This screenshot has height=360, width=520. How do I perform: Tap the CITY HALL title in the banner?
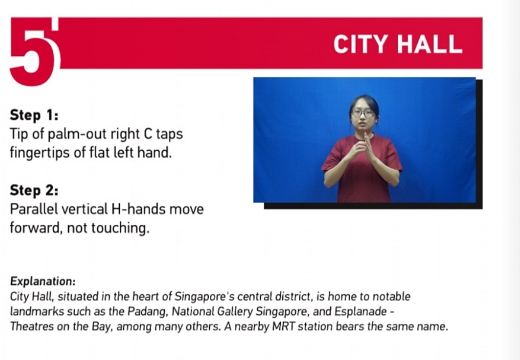click(x=397, y=44)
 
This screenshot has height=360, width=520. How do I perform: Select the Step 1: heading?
click(x=34, y=115)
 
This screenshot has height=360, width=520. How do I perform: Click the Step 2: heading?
click(x=34, y=190)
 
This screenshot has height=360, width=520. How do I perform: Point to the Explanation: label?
click(x=43, y=281)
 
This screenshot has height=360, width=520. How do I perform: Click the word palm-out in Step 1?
click(x=77, y=134)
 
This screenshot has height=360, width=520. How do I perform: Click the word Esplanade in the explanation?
click(x=361, y=311)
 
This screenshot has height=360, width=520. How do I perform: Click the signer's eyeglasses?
click(x=363, y=113)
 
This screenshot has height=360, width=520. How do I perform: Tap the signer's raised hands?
click(x=363, y=148)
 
